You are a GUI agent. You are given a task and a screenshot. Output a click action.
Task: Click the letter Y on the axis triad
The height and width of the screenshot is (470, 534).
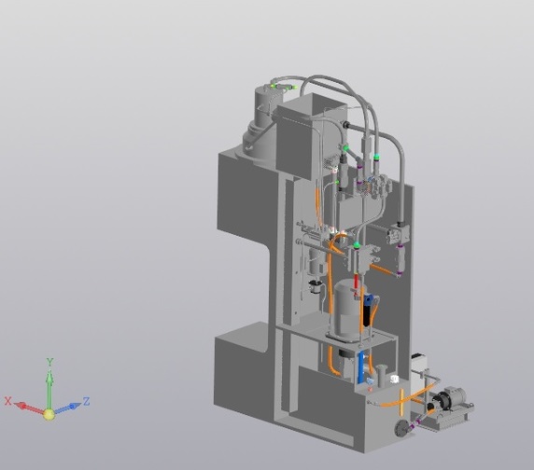[50, 362]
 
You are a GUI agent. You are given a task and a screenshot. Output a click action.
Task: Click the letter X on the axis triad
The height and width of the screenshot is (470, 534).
[8, 401]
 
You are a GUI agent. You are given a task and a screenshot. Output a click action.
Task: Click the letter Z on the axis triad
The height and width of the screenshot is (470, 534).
[86, 401]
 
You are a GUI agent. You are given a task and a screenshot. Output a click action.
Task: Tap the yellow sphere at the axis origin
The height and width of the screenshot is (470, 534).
[49, 414]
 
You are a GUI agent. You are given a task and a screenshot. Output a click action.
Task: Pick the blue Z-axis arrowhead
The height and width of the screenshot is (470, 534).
[75, 406]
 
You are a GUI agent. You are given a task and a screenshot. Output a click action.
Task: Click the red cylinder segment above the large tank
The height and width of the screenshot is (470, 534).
[357, 282]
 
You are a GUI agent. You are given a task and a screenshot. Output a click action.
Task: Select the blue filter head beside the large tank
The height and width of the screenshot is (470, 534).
[369, 300]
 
